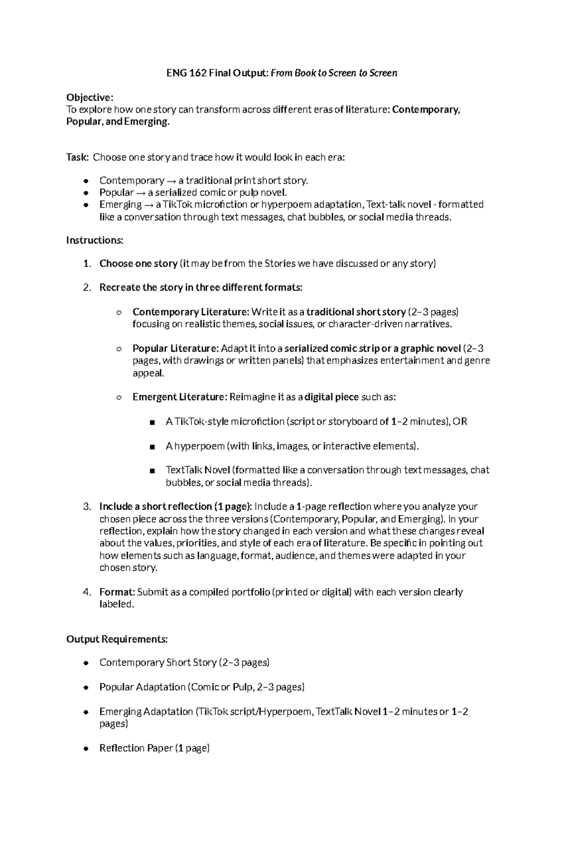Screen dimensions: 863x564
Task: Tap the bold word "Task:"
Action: (x=77, y=157)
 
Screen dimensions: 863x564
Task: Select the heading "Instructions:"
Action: (x=94, y=240)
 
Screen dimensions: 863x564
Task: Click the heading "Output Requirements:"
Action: (x=117, y=639)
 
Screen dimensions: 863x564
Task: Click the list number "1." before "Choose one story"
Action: (x=86, y=263)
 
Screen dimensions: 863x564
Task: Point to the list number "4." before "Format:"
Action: (x=86, y=592)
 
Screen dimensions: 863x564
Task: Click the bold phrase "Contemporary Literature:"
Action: (x=191, y=312)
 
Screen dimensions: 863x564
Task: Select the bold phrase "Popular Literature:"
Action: (x=175, y=348)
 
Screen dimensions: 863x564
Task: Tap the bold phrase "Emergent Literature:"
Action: (x=180, y=397)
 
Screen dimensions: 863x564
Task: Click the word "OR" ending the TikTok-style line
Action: (x=460, y=421)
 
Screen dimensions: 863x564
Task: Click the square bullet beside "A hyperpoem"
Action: (x=152, y=447)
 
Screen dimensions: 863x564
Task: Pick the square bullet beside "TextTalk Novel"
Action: (x=152, y=471)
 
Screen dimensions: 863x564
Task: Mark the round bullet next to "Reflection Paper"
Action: (x=86, y=749)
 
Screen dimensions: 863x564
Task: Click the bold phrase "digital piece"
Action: (x=331, y=397)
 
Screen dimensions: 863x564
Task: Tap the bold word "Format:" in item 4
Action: (x=117, y=592)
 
